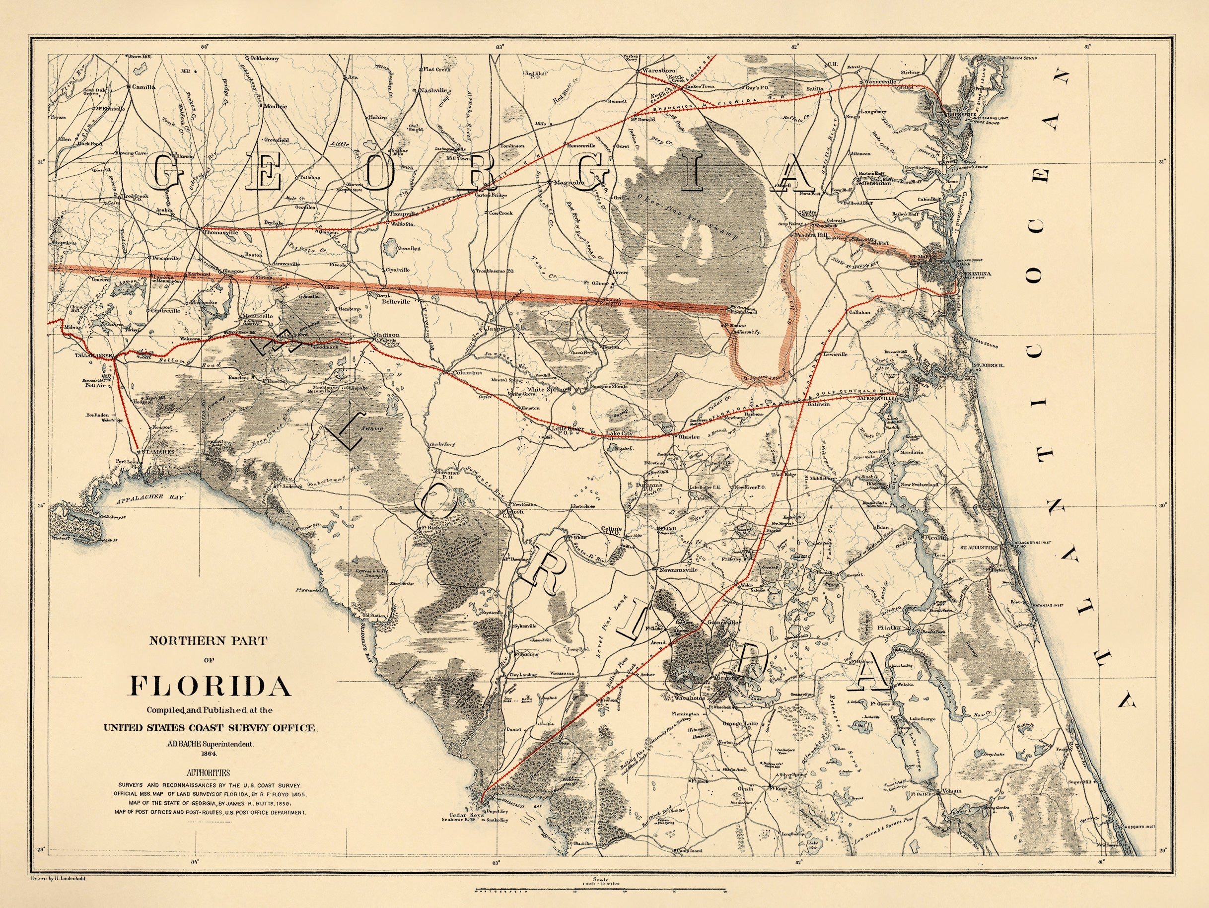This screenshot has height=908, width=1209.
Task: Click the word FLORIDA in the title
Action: point(210,686)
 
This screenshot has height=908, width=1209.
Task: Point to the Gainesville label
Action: point(716,623)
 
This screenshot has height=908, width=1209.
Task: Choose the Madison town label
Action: point(386,335)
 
